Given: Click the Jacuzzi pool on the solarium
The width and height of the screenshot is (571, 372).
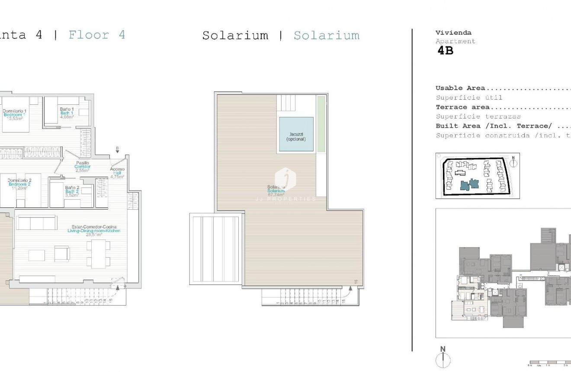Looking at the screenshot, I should point(296,134).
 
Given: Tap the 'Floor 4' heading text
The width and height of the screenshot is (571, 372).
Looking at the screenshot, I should point(97,35).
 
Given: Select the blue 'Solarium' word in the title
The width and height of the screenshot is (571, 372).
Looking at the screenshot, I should point(326,36).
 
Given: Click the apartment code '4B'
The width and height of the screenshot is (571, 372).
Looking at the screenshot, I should point(445,51).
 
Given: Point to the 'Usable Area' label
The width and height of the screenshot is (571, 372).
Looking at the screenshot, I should point(460,88).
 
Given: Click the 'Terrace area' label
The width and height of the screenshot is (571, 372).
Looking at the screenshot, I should point(462,107).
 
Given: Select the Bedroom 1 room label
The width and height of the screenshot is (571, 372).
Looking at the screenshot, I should point(15,114).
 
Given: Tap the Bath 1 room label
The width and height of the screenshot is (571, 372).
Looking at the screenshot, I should point(67,113).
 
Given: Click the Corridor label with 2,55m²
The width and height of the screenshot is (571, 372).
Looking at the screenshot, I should point(82,167).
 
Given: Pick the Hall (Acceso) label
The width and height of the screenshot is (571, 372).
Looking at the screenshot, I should point(117,173).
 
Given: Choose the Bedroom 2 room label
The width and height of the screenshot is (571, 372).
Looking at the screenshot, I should point(19,184).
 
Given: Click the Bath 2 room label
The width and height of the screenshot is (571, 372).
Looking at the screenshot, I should point(72,191).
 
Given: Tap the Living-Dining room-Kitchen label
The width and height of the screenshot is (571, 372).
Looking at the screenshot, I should point(94,231).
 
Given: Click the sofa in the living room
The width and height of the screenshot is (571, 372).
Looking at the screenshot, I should point(36,223).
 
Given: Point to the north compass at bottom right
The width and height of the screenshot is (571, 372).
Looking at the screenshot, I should point(443,359).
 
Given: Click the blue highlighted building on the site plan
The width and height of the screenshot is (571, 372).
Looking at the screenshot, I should point(469,184).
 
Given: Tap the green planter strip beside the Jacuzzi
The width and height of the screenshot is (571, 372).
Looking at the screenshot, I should point(321,124).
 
